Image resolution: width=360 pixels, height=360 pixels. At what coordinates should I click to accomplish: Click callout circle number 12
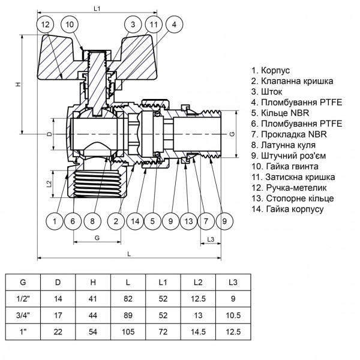pos(45,25)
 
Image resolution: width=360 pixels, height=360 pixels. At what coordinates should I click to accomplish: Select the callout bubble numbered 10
pos(71,25)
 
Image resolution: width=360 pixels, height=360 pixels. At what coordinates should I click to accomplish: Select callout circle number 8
pos(92,222)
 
